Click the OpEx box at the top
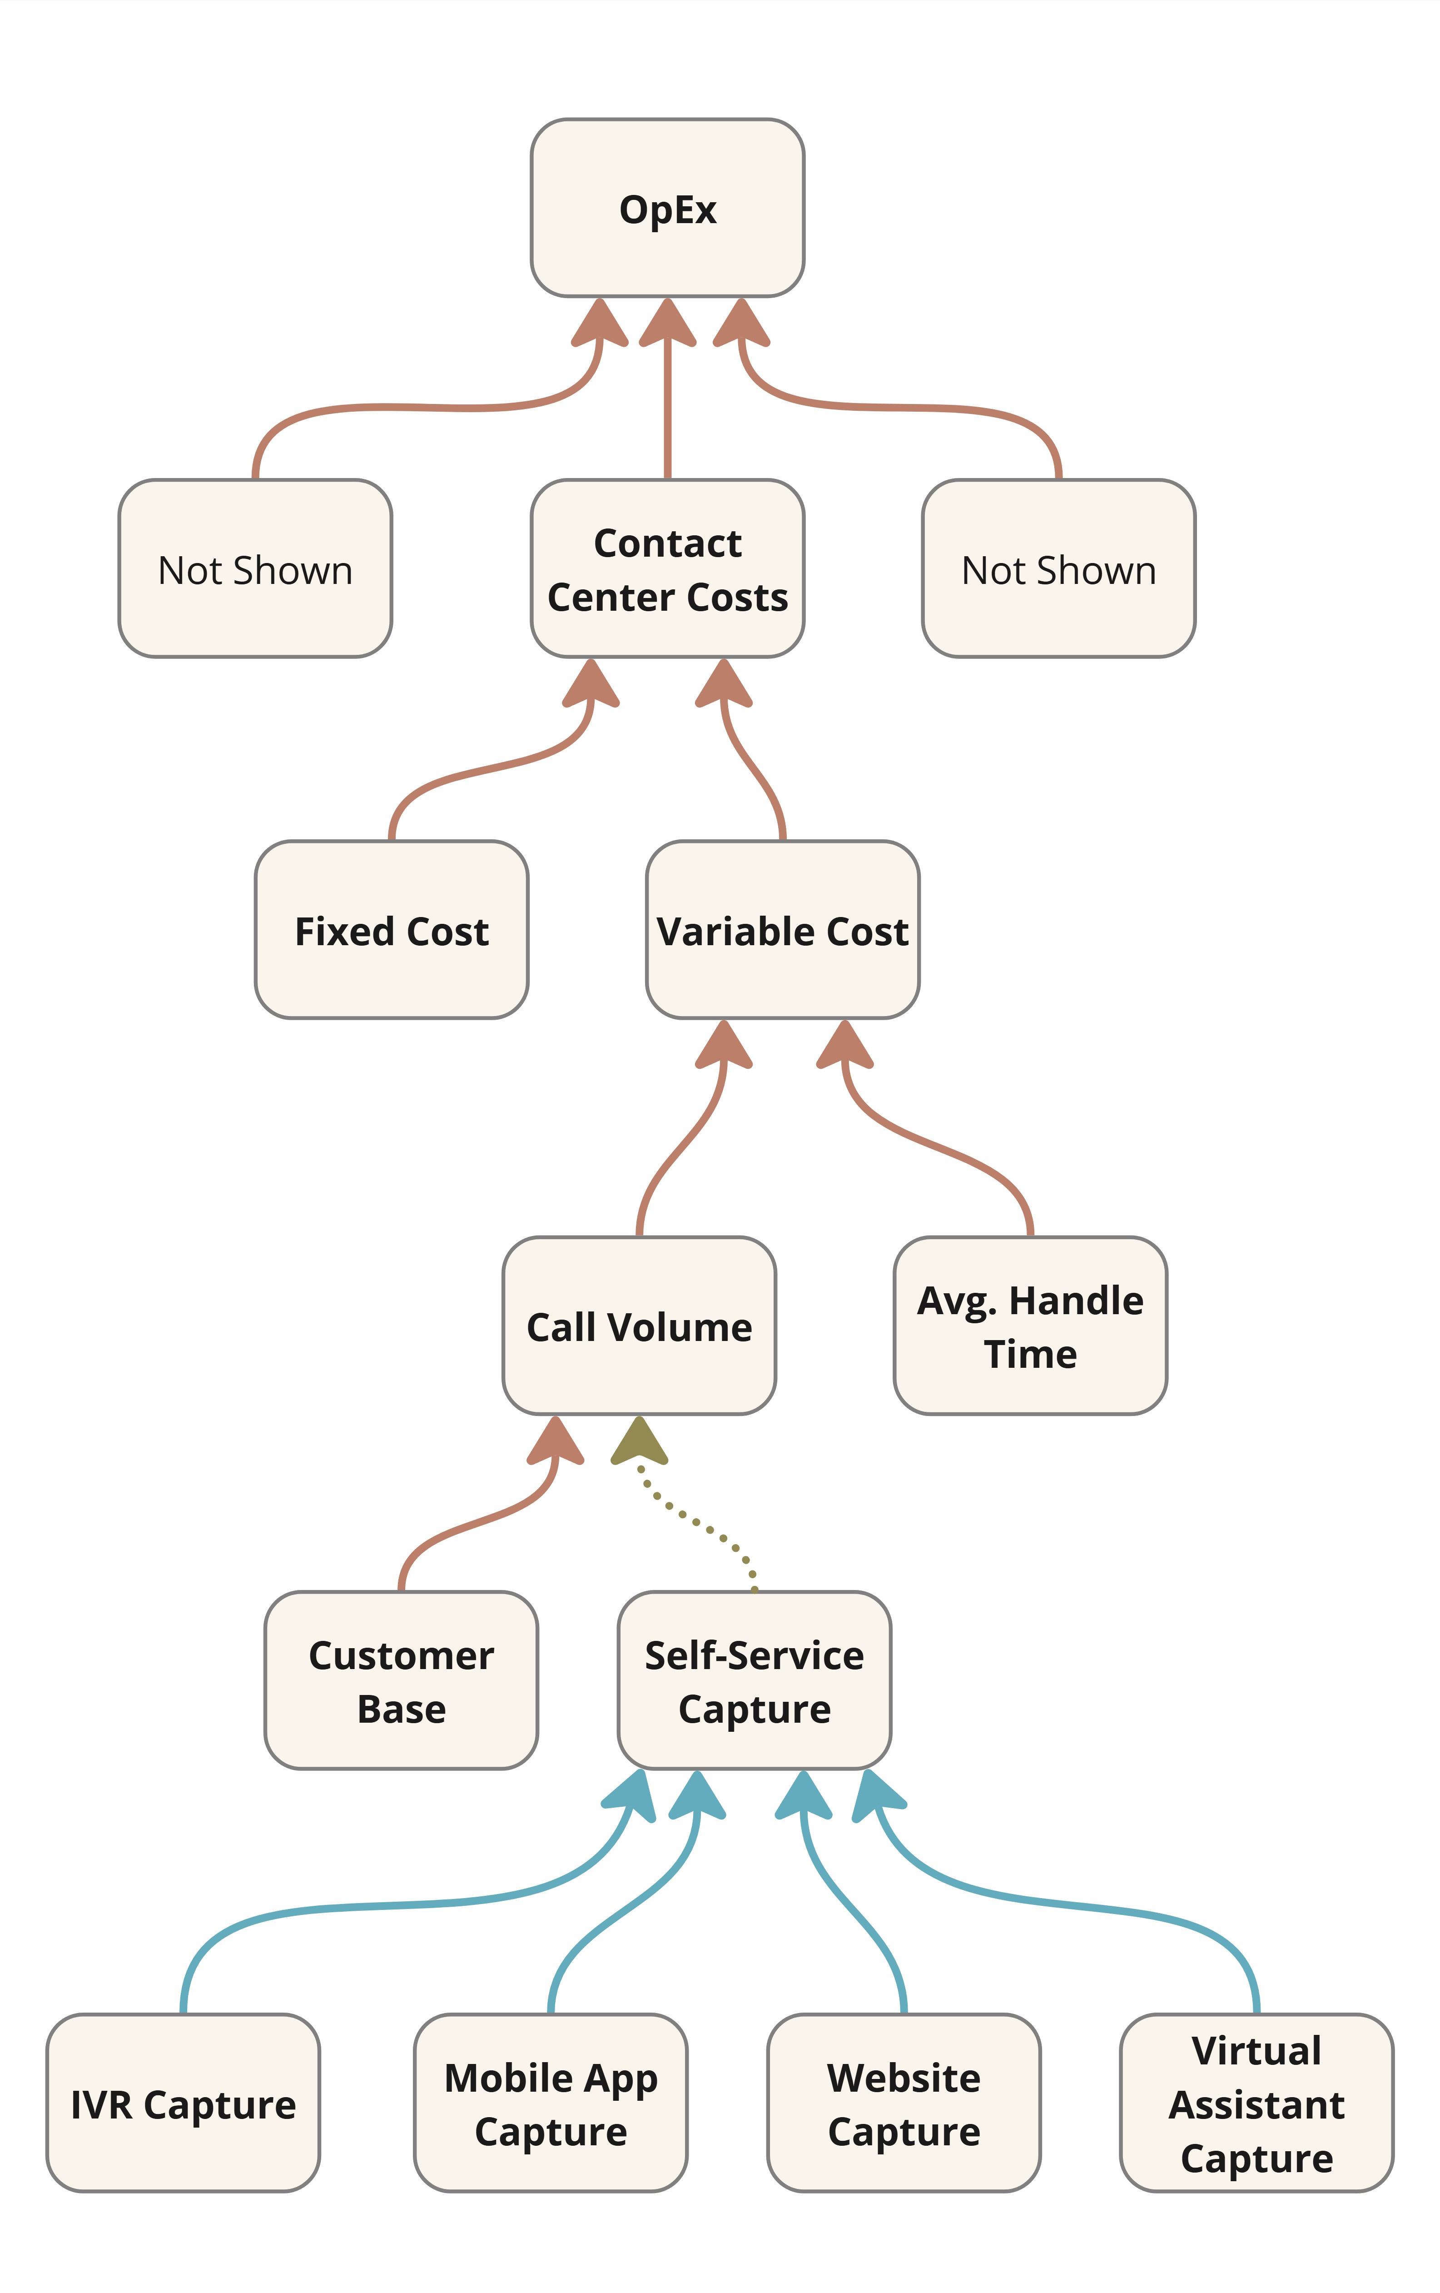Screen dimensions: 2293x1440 click(x=667, y=208)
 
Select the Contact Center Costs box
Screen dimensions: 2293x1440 click(x=667, y=568)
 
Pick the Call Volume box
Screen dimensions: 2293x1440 click(x=639, y=1326)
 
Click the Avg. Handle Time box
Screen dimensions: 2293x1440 click(x=1030, y=1326)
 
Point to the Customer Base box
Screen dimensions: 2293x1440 click(x=401, y=1681)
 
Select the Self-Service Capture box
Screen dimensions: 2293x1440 click(x=754, y=1681)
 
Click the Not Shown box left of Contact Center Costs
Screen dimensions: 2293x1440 click(x=255, y=568)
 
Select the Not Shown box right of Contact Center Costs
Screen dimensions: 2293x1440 click(x=1058, y=568)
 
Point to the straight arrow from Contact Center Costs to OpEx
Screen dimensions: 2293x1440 click(x=667, y=409)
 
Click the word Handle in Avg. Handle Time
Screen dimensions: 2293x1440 click(x=1076, y=1300)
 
